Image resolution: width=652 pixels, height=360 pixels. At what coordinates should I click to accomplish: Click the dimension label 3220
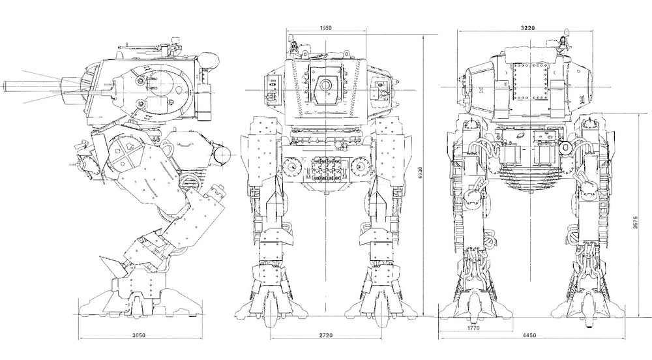tap(529, 28)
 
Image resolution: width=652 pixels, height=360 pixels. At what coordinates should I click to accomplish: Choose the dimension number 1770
tap(473, 328)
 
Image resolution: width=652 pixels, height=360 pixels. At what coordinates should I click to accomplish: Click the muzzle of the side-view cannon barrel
tap(6, 85)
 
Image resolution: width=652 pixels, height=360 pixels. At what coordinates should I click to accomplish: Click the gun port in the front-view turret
tap(325, 85)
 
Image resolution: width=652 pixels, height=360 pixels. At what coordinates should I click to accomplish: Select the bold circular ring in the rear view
tap(565, 148)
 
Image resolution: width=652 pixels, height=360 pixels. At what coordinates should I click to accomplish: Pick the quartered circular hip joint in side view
tap(123, 154)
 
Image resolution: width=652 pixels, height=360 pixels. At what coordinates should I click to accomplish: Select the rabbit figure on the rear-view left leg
tap(477, 187)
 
